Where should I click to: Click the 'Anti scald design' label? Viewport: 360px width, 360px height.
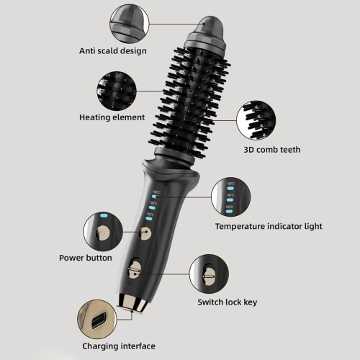pos(113,50)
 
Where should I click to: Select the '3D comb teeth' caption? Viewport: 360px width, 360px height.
pos(271,150)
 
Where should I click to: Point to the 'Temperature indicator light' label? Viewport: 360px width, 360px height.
pos(269,226)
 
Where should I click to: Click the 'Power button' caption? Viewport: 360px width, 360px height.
pos(85,257)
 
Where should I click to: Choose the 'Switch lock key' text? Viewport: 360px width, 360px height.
pos(227,302)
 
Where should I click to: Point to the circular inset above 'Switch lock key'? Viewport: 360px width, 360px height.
pos(210,274)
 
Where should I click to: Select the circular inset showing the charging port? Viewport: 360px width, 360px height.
pos(96,318)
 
